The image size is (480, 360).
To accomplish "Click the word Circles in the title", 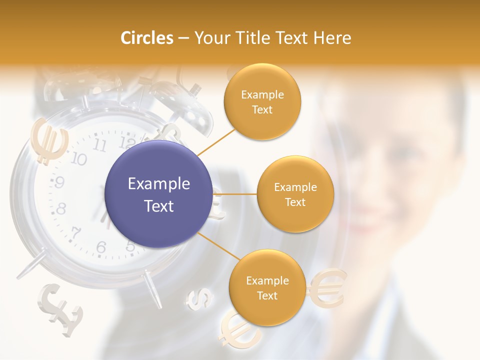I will pos(146,38).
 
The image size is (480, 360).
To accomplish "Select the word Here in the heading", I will pos(332,38).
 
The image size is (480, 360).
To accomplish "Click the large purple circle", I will pos(159,194).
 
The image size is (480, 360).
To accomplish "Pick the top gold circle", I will pos(262,102).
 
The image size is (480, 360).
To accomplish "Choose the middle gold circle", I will pos(295,194).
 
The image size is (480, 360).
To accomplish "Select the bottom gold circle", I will pos(267,288).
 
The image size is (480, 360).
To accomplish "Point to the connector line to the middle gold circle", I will pos(235,194).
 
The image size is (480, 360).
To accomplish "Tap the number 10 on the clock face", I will pos(79,159).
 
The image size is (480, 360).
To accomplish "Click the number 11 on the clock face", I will pos(100,145).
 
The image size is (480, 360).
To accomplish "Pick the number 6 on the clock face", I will pos(101,247).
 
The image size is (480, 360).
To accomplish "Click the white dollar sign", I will pos(199,298).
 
